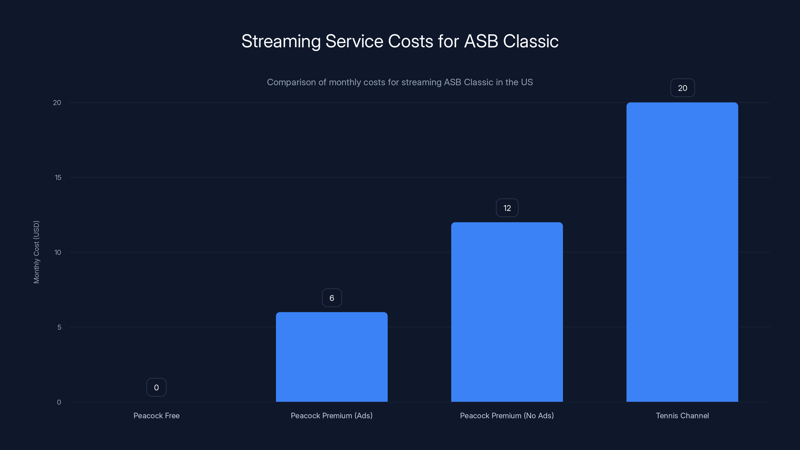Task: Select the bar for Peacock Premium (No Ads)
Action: [x=507, y=312]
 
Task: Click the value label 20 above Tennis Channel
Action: [x=682, y=88]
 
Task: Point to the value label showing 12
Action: [x=507, y=208]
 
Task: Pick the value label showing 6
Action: [x=332, y=298]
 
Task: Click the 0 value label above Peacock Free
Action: [x=156, y=387]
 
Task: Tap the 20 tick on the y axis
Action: [x=57, y=102]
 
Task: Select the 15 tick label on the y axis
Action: [x=58, y=177]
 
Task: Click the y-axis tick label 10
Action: [x=58, y=252]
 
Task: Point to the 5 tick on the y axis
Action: [x=59, y=327]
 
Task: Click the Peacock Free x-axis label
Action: [x=156, y=415]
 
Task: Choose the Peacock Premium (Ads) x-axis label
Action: [x=331, y=415]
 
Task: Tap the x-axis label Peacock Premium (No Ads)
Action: [x=506, y=415]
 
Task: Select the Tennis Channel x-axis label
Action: [x=682, y=415]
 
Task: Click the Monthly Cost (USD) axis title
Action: [x=36, y=252]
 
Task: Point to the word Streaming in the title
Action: [x=281, y=41]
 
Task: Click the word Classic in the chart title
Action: [x=530, y=41]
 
